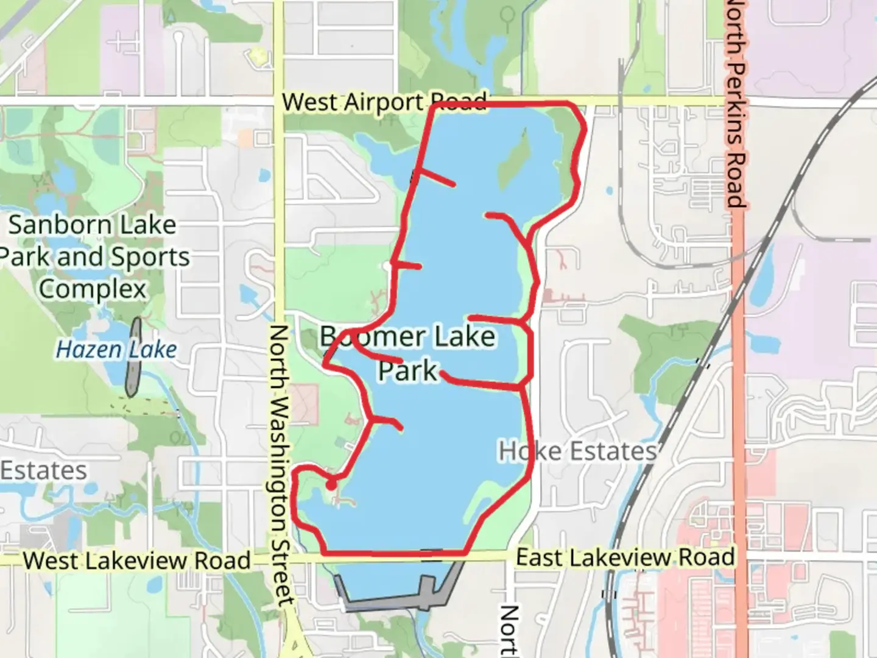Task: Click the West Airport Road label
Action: [384, 102]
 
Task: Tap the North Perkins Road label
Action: [736, 104]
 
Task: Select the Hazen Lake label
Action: [116, 350]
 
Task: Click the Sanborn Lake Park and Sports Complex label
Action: [93, 256]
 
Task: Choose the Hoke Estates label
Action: [577, 451]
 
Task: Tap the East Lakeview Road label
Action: [625, 557]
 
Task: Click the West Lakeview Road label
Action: [137, 561]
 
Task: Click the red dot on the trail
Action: [331, 485]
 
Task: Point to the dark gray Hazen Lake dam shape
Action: [133, 356]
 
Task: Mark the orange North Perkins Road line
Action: [739, 366]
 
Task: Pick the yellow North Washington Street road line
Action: [278, 201]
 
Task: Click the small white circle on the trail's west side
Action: [388, 266]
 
